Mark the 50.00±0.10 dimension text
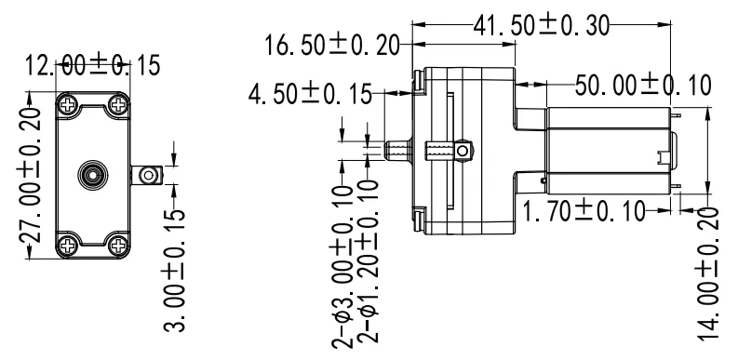[x=642, y=85]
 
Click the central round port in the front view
[x=91, y=174]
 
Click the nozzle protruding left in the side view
[x=396, y=150]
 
